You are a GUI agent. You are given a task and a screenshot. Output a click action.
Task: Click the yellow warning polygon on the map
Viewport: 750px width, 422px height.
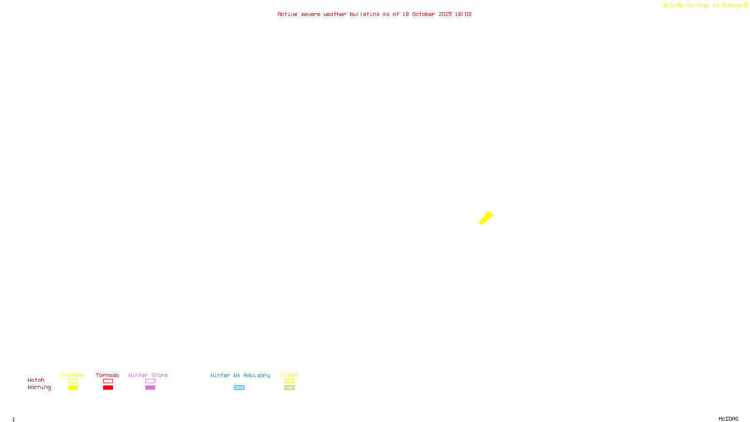486,218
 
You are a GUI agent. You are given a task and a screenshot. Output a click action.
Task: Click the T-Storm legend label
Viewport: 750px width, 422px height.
72,375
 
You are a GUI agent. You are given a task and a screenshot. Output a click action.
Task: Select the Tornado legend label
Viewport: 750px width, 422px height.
107,375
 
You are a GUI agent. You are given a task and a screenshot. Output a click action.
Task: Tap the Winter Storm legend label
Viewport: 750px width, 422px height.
148,375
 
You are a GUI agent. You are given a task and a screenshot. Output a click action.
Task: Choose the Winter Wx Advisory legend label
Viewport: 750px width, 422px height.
240,375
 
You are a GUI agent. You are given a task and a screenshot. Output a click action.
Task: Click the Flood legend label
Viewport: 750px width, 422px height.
289,375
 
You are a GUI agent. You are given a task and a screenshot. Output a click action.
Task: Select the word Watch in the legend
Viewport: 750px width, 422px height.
36,380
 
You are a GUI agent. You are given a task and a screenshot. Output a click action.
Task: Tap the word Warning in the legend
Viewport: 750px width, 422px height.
39,387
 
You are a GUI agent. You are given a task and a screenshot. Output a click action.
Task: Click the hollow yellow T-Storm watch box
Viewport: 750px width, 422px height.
73,381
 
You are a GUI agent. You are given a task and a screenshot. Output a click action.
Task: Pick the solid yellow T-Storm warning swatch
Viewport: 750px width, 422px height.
73,388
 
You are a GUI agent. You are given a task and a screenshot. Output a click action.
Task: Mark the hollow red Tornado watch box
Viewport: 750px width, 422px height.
108,381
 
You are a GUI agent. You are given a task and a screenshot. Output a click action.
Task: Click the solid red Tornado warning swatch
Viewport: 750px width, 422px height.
108,388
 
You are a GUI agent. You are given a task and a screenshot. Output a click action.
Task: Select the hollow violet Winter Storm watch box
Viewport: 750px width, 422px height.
150,381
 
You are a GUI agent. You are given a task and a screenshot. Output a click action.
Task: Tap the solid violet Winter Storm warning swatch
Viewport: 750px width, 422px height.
150,388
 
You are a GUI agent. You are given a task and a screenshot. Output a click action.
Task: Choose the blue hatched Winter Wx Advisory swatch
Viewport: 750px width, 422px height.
239,388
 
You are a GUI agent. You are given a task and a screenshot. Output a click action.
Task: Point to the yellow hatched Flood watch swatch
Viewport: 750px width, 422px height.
289,381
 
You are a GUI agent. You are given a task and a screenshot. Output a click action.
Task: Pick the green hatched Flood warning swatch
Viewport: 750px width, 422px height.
289,388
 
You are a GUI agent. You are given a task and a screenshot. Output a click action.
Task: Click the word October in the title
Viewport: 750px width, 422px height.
423,14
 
